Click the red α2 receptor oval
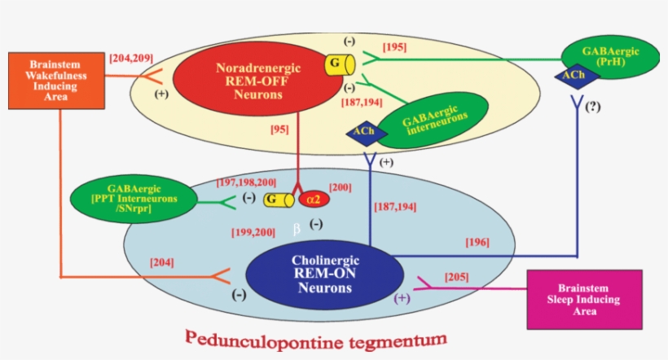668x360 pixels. pyautogui.click(x=314, y=199)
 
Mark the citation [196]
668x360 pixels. pyautogui.click(x=477, y=242)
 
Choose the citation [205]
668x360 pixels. pyautogui.click(x=457, y=278)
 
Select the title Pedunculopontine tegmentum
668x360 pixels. pyautogui.click(x=315, y=336)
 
